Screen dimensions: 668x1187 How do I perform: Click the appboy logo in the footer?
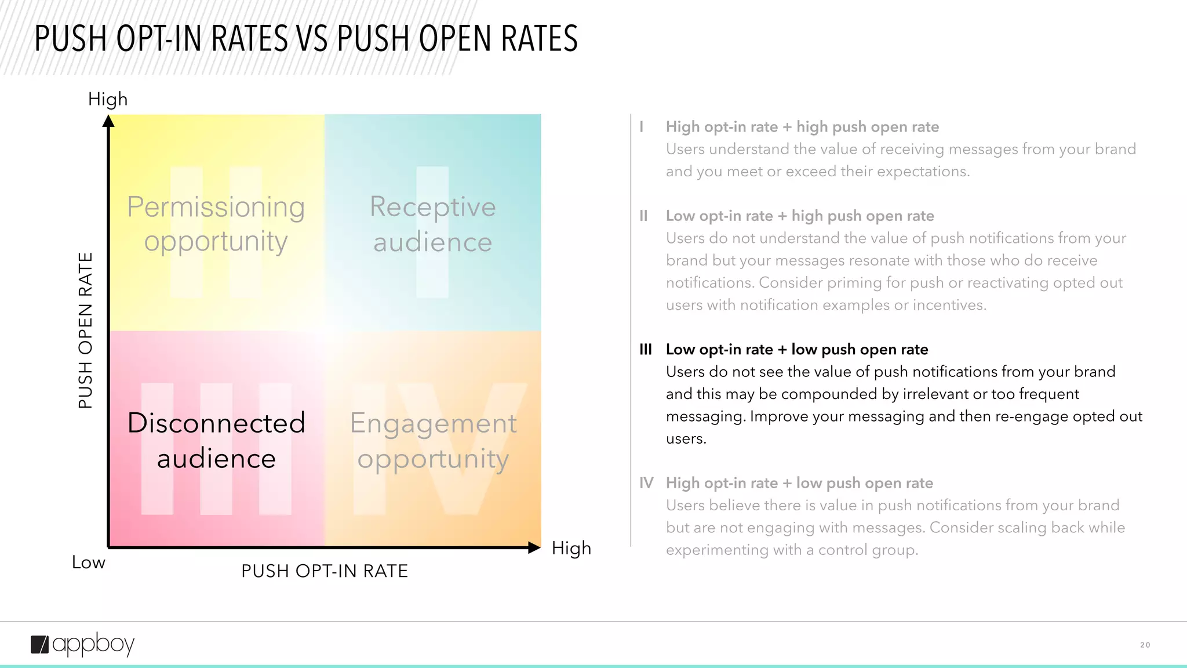82,644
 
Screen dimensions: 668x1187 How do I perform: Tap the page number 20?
1145,645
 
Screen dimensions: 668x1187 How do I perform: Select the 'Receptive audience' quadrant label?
432,224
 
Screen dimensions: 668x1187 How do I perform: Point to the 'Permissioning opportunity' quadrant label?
216,224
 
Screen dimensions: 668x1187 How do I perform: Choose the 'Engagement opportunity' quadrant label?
433,441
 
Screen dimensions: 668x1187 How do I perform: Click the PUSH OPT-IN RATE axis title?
325,571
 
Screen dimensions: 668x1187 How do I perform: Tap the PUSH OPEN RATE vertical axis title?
86,331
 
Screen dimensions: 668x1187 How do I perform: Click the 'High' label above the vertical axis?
108,99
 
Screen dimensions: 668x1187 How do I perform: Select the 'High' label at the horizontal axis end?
571,548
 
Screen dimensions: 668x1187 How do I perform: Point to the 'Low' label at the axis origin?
89,562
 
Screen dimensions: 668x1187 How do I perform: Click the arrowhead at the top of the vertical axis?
108,121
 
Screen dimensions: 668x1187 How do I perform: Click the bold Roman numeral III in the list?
646,350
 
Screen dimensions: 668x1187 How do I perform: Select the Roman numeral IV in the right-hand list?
646,483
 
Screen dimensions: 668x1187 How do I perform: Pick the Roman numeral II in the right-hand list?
643,216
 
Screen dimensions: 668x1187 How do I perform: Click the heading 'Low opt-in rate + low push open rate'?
797,350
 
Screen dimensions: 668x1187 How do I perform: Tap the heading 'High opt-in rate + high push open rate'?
802,127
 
